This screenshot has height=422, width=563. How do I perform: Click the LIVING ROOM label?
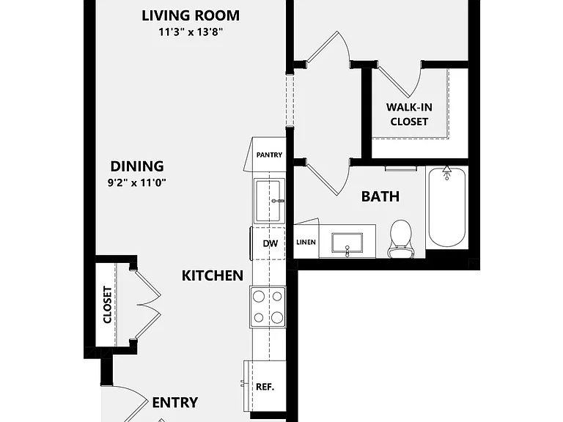click(191, 15)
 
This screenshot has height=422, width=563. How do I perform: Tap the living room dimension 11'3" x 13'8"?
click(191, 32)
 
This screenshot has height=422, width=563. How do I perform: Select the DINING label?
click(137, 166)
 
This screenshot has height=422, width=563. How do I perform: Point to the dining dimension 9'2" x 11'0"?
click(137, 182)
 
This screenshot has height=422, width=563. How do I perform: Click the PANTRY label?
click(269, 155)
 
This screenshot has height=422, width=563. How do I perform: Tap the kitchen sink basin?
click(268, 201)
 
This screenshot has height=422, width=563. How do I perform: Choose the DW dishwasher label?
click(270, 243)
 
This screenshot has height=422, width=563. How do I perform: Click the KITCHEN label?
click(212, 275)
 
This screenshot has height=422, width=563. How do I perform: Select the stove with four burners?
click(268, 307)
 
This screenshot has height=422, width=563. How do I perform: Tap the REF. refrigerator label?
click(265, 387)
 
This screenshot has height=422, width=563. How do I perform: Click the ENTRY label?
click(175, 402)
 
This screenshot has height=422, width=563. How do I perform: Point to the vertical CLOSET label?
click(107, 304)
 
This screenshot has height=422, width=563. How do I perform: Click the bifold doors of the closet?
click(147, 305)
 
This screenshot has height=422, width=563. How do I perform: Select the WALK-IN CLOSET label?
click(409, 114)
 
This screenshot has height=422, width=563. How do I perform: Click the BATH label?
click(380, 196)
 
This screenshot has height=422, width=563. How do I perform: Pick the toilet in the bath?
click(400, 238)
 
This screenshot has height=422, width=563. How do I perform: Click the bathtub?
click(447, 207)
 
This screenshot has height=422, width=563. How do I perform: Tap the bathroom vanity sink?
click(347, 243)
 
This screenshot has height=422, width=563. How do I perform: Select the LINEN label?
click(306, 243)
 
